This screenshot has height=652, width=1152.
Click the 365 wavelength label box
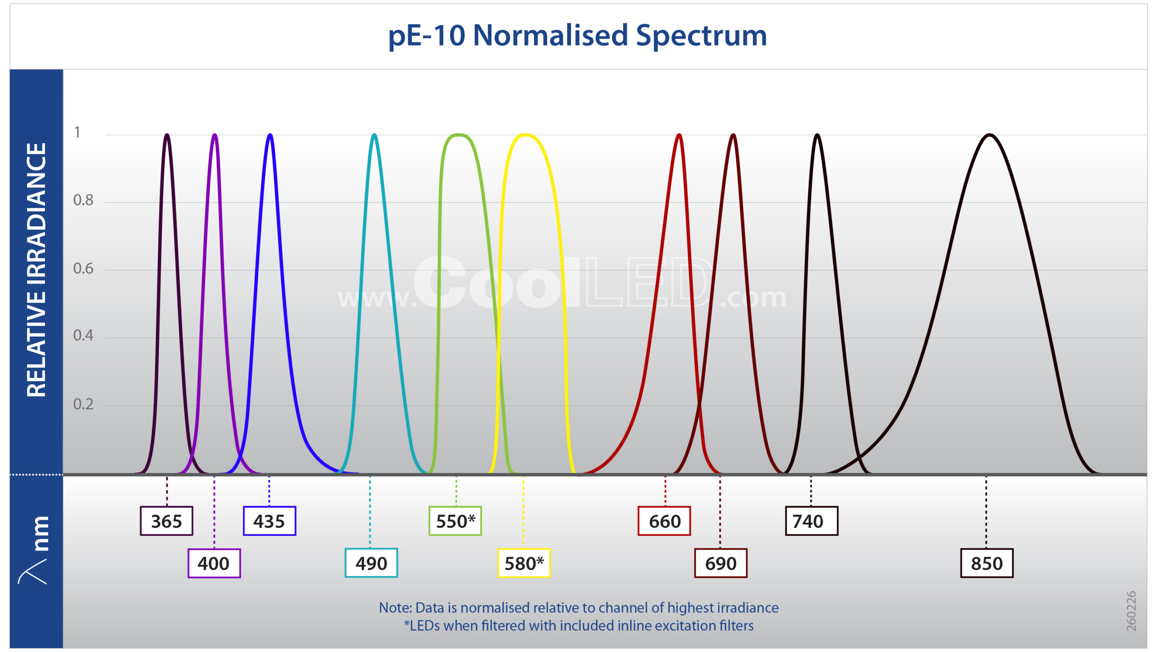pyautogui.click(x=166, y=521)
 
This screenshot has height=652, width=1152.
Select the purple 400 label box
pyautogui.click(x=214, y=563)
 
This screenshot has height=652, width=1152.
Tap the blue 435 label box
pyautogui.click(x=269, y=521)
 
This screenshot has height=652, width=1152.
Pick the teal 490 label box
pyautogui.click(x=371, y=563)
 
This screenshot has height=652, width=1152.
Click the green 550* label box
pyautogui.click(x=455, y=521)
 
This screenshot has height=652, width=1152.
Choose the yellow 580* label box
pyautogui.click(x=524, y=563)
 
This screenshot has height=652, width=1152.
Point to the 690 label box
pyautogui.click(x=720, y=563)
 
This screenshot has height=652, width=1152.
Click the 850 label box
pyautogui.click(x=986, y=563)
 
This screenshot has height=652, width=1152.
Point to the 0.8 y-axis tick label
pyautogui.click(x=83, y=200)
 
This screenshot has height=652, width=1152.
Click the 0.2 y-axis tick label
pyautogui.click(x=83, y=404)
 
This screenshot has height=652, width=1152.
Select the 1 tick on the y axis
pyautogui.click(x=77, y=132)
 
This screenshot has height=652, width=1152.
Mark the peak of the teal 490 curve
pyautogui.click(x=374, y=135)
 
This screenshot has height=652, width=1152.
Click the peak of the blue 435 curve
pyautogui.click(x=270, y=135)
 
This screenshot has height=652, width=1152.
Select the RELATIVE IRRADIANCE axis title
pyautogui.click(x=36, y=270)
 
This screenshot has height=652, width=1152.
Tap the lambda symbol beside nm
pyautogui.click(x=32, y=571)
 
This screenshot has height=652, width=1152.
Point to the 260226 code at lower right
pyautogui.click(x=1131, y=611)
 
